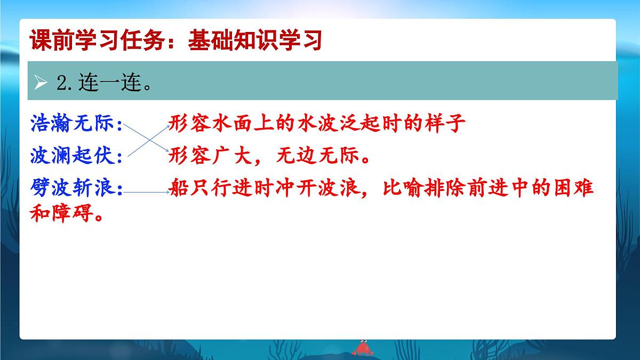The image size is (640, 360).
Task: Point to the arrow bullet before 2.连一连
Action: [41, 83]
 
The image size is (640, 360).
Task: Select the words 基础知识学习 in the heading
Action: [255, 41]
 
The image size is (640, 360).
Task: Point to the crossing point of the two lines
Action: [147, 140]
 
